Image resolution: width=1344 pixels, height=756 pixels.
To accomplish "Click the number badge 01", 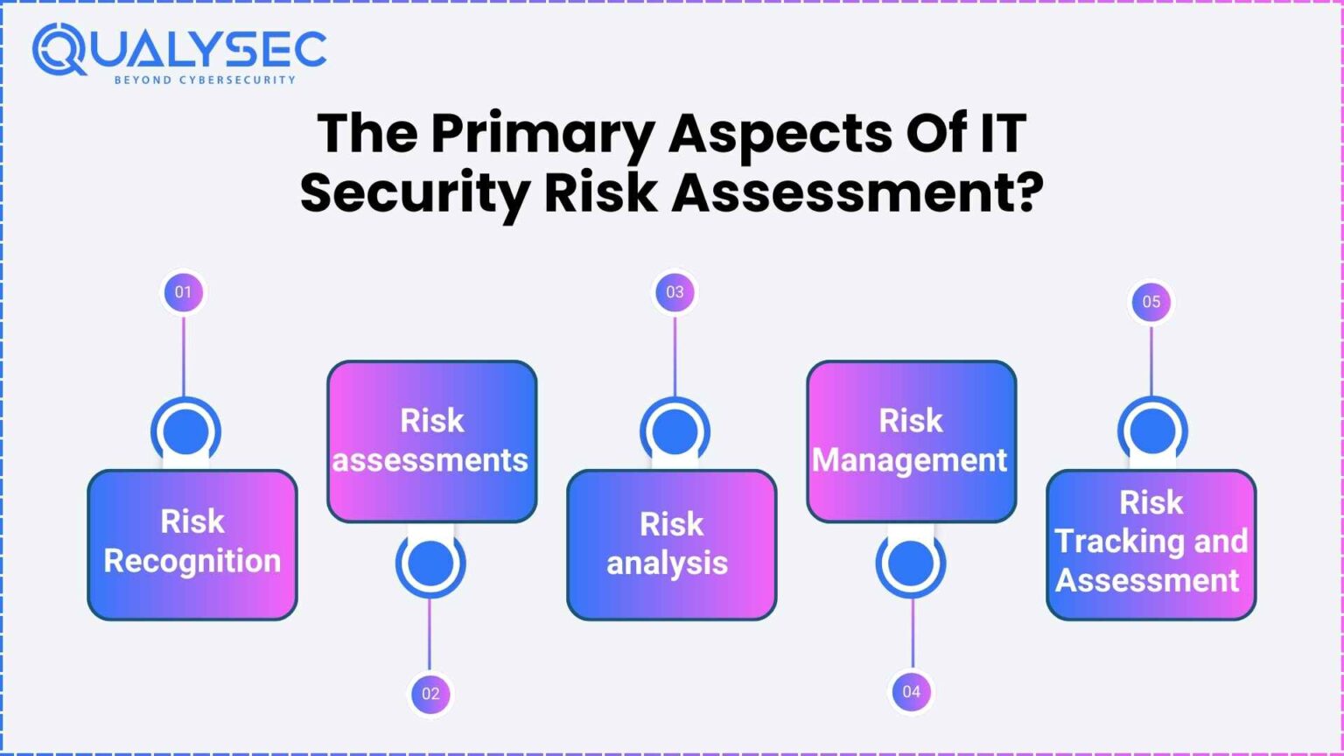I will point(183,292).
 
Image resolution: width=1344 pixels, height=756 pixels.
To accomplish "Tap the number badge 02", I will point(430,694).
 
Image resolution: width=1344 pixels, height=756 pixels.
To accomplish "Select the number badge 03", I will point(675,292).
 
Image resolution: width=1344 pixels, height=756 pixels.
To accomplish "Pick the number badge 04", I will point(912,691).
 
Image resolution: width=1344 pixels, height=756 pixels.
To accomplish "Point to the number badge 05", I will point(1151,302).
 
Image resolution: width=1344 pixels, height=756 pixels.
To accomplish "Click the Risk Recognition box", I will point(192,544).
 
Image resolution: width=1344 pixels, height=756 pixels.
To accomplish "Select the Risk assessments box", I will point(431,441).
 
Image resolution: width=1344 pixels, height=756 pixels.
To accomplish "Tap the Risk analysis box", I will point(671,544).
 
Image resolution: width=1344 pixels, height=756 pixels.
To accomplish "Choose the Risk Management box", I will point(911,441).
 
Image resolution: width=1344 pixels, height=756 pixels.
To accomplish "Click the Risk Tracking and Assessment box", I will point(1151,544).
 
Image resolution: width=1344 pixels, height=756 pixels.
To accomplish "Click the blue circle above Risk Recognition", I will point(185,431).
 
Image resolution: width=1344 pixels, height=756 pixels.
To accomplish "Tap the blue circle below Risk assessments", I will point(430,563).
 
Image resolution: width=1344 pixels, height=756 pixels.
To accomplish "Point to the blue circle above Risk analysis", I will point(675,431).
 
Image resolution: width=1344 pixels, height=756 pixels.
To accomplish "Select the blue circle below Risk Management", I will point(911,563).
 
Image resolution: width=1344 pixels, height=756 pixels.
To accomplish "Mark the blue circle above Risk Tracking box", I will point(1152,430).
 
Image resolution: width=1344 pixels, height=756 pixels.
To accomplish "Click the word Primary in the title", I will point(542,135).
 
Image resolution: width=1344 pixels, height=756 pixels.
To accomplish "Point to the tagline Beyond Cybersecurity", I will point(205,80).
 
